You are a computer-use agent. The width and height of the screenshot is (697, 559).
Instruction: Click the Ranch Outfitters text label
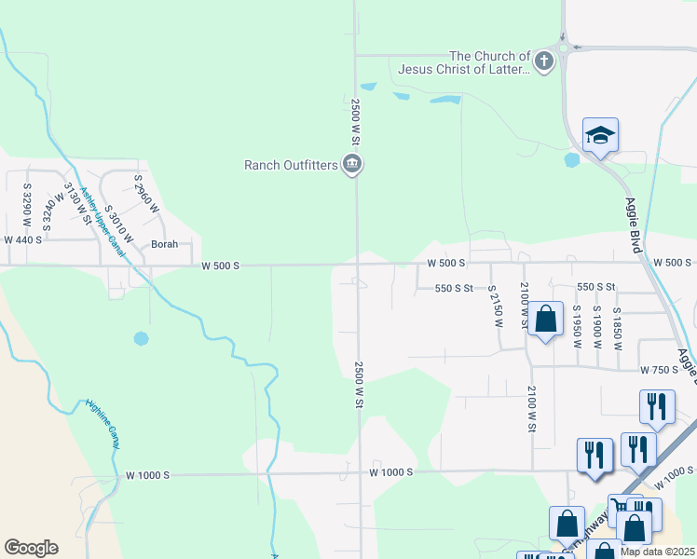[292, 165]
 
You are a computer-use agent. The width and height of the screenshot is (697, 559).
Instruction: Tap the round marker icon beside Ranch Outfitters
[352, 165]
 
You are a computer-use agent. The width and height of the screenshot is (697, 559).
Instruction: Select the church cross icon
[543, 62]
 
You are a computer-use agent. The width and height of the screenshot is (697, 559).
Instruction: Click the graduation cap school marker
[601, 136]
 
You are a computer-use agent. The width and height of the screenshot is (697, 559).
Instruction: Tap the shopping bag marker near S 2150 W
[546, 319]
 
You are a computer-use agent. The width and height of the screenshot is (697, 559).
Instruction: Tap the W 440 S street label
[24, 239]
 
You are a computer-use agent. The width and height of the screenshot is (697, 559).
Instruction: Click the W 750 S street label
[659, 370]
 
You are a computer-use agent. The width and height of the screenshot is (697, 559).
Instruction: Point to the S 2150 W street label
[495, 308]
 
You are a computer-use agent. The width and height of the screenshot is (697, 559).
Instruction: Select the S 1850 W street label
[617, 327]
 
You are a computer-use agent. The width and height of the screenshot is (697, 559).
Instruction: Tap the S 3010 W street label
[119, 225]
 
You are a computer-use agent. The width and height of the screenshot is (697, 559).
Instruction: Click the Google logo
[31, 547]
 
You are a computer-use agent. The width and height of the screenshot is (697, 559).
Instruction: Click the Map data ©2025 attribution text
[657, 552]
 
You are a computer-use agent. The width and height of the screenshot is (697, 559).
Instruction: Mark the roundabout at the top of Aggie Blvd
[565, 46]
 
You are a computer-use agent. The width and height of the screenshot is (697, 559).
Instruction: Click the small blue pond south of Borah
[141, 338]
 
